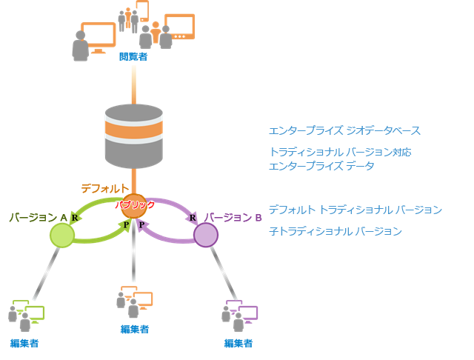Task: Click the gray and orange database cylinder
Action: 134,136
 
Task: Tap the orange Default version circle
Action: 134,206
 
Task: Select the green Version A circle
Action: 62,235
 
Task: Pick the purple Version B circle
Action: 206,235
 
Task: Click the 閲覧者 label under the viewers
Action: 133,56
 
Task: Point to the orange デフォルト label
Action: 105,189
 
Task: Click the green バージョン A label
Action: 38,217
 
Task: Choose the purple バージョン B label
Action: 233,217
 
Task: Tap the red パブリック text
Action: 135,205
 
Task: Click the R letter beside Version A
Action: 75,218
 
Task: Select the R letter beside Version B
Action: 193,218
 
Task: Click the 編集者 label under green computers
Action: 24,344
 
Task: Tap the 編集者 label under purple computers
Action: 238,344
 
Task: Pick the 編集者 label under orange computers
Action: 135,329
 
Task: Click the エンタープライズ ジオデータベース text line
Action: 344,130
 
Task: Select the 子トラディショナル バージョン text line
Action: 336,231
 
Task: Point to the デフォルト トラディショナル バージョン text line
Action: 355,210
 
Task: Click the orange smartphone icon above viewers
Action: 142,11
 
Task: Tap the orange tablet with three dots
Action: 179,27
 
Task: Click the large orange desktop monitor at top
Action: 99,37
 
